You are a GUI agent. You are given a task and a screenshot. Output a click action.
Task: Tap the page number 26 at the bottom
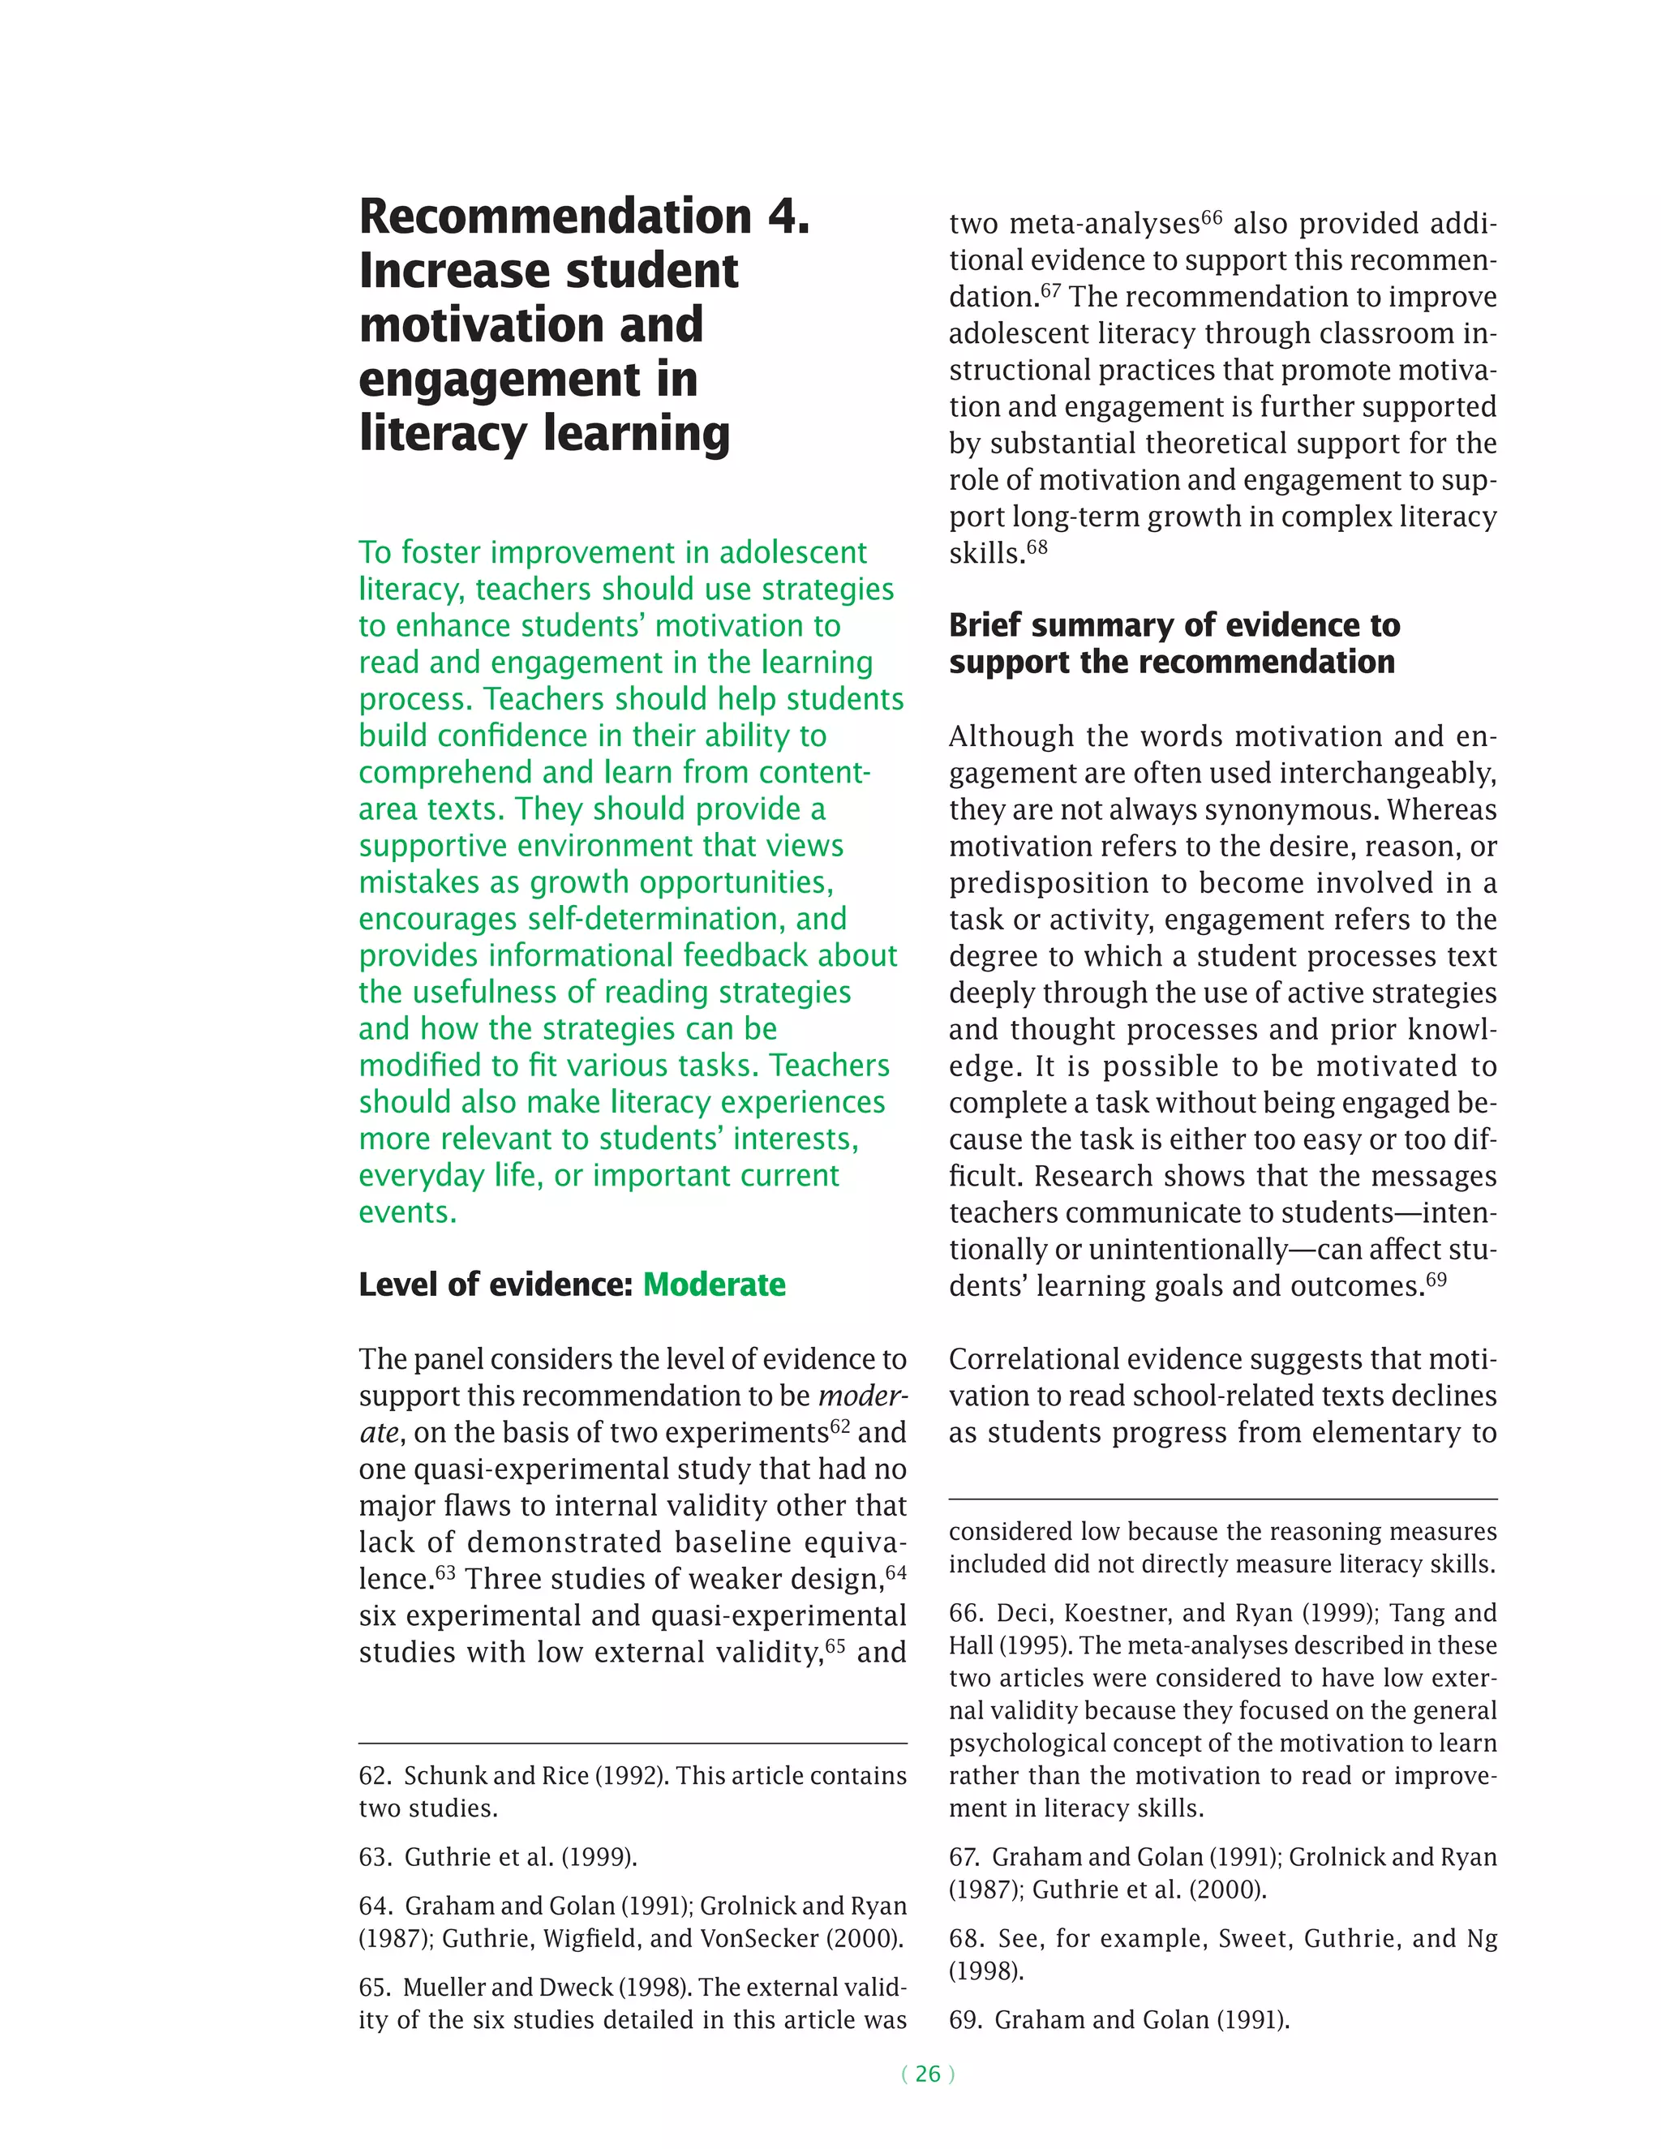click(x=927, y=2074)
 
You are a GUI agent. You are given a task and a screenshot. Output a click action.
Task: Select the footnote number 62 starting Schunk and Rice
click(x=375, y=1775)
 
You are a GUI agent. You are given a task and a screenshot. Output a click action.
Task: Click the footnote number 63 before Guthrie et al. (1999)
click(x=375, y=1857)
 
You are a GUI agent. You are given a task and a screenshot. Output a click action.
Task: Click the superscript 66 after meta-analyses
click(x=1212, y=217)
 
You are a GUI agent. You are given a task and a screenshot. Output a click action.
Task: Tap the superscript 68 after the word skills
click(x=1037, y=547)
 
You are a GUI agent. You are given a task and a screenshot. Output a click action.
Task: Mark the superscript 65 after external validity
click(x=835, y=1645)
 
